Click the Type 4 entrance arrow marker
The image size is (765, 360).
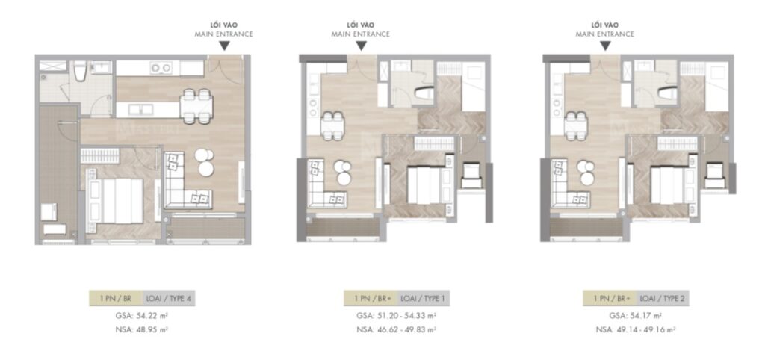point(224,46)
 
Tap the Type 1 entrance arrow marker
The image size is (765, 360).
point(361,46)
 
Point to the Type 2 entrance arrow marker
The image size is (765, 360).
point(606,46)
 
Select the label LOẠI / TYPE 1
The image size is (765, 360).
point(423,299)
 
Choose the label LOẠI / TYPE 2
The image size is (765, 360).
point(663,299)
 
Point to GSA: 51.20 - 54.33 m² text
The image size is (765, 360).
point(396,316)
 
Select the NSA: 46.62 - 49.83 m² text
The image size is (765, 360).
point(396,329)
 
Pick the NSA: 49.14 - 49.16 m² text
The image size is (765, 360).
point(635,329)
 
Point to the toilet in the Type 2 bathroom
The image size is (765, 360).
point(665,93)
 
